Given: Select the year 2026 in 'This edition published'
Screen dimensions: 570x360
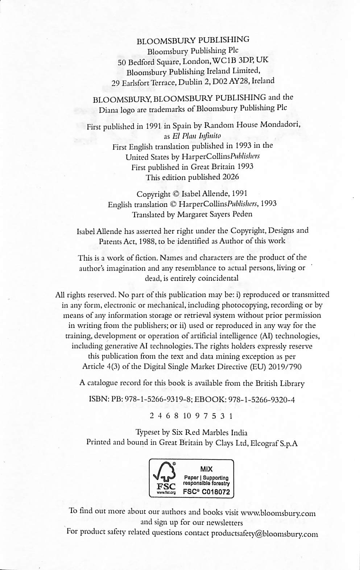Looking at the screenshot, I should (230, 177).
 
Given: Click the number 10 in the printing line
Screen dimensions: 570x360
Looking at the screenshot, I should (187, 416).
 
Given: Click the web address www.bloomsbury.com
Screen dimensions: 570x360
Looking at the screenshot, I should (278, 513).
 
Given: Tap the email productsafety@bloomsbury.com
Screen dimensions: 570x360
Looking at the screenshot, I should (265, 534).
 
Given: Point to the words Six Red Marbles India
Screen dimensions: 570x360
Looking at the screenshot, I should (210, 433).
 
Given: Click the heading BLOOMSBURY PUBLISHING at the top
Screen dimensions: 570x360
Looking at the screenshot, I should (193, 40).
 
